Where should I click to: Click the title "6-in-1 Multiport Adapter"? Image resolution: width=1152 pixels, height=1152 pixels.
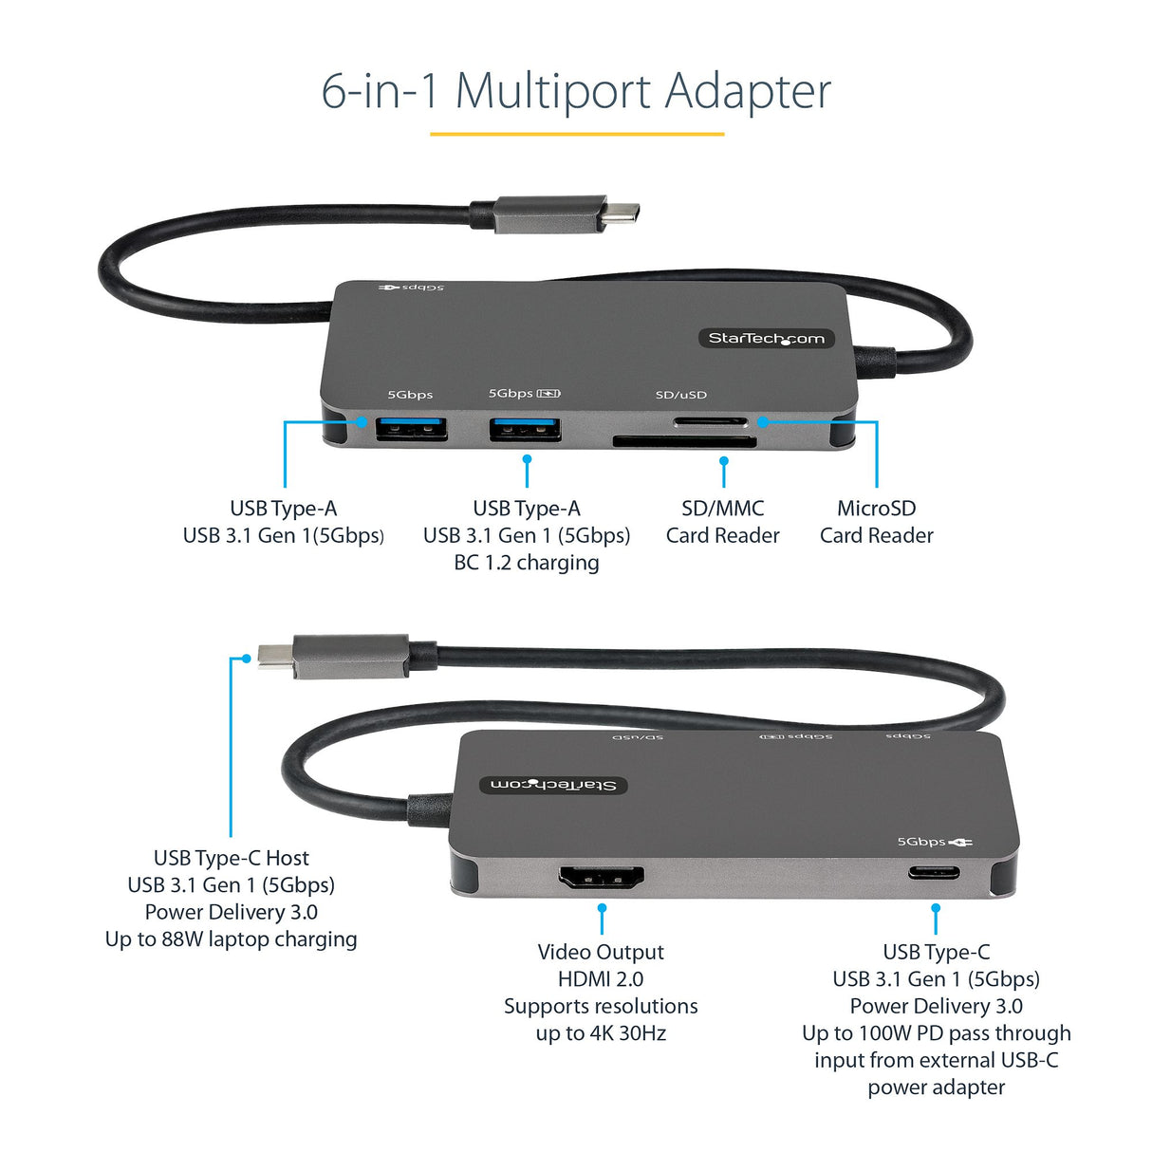(576, 91)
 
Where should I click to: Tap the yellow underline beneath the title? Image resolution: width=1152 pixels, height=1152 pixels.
(576, 134)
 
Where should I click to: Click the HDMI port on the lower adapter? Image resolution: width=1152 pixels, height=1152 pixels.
(602, 878)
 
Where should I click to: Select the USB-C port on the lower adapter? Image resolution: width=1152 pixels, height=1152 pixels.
(934, 873)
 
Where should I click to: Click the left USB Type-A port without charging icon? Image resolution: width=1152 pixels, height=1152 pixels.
(411, 430)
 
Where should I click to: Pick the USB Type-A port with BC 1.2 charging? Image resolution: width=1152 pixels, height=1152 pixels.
(525, 430)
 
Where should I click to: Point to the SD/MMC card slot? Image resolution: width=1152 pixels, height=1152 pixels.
(684, 441)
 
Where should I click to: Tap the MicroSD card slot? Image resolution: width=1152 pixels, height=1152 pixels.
(710, 422)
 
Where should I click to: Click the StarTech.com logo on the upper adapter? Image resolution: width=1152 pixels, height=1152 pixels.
(766, 339)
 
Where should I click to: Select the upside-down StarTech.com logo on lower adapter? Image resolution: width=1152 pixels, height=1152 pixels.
(553, 785)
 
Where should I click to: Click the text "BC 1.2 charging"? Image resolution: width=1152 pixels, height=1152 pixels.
(527, 563)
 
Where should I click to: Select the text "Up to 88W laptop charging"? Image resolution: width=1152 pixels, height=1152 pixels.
(231, 939)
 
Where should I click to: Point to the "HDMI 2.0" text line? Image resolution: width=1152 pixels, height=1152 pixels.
(601, 979)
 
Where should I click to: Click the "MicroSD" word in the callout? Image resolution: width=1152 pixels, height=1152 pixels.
(876, 509)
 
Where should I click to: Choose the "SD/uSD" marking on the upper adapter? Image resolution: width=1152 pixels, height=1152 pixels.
(680, 395)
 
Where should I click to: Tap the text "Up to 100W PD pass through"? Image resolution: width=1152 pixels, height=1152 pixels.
(936, 1033)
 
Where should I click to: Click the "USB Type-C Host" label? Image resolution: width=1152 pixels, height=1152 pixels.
(231, 858)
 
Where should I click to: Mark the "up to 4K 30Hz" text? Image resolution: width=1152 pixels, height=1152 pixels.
(601, 1033)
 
